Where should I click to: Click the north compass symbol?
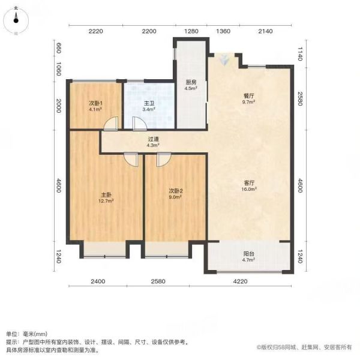tap(16, 20)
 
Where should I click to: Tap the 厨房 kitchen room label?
tap(191, 82)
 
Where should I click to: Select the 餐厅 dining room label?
tap(249, 96)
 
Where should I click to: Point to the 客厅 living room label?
tap(249, 183)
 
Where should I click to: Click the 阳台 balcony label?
tap(249, 254)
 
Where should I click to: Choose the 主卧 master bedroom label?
tap(106, 195)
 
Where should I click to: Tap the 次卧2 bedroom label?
tap(176, 191)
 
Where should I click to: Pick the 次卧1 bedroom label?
tap(95, 103)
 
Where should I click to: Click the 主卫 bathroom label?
tap(149, 103)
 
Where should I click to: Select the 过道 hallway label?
tap(153, 139)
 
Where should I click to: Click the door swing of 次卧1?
tap(110, 124)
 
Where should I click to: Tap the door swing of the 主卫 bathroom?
tap(140, 124)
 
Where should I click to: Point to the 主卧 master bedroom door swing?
tap(131, 160)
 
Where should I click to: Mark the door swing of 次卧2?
tap(164, 160)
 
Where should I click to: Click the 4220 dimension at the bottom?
tap(240, 281)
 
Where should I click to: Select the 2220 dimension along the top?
tap(96, 31)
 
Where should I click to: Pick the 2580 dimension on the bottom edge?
tap(158, 281)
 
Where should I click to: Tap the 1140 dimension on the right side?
tap(300, 54)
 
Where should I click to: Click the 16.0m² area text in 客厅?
tap(249, 189)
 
